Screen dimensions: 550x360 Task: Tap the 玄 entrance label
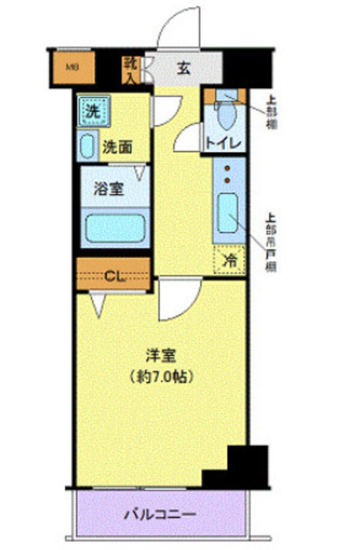click(183, 68)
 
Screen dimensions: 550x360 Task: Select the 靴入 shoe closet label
click(131, 70)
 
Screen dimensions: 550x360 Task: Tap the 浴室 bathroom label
click(109, 190)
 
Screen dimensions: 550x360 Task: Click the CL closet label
click(113, 276)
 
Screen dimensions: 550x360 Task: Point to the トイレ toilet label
click(223, 143)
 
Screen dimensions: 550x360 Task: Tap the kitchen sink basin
click(227, 213)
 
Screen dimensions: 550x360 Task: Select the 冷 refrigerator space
click(230, 260)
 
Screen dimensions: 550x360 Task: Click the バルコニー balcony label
click(160, 515)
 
